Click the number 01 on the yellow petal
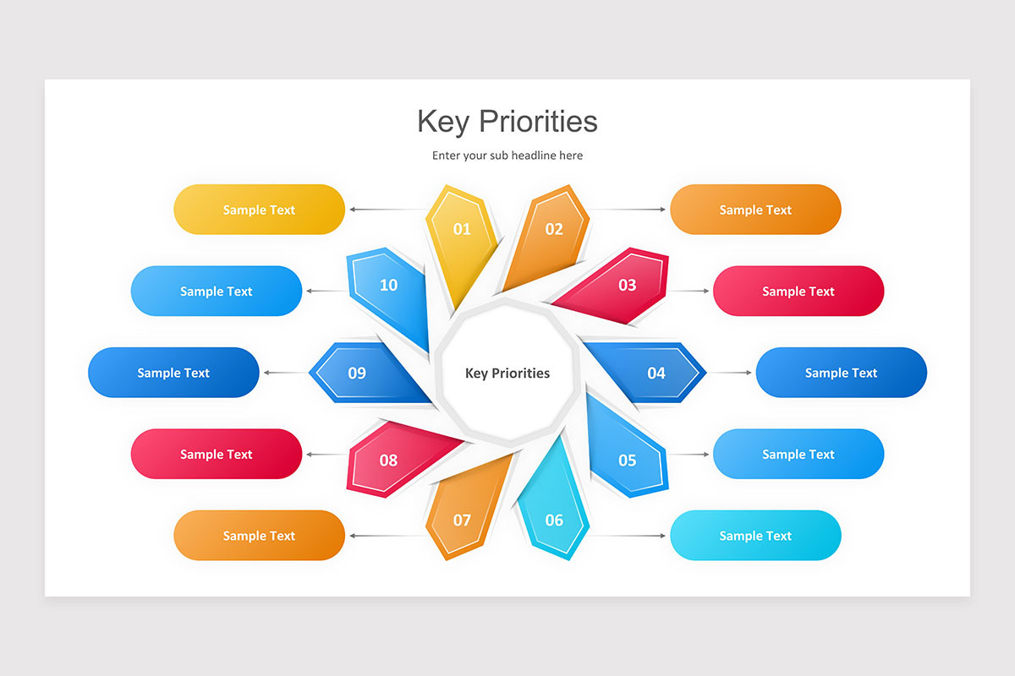[462, 229]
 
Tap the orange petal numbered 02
[553, 230]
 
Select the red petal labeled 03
[626, 286]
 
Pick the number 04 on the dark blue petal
[656, 373]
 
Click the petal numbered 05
[627, 460]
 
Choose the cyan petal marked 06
[553, 520]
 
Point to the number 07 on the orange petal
[462, 520]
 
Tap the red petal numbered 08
[388, 461]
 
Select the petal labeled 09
[357, 373]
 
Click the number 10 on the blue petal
[388, 286]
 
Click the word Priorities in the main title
[538, 122]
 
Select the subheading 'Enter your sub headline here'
[507, 155]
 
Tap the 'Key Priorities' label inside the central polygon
[507, 373]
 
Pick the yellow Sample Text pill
[259, 210]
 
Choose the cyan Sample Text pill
[755, 536]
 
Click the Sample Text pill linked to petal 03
[798, 292]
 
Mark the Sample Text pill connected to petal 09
[173, 373]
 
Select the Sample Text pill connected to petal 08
[216, 455]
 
